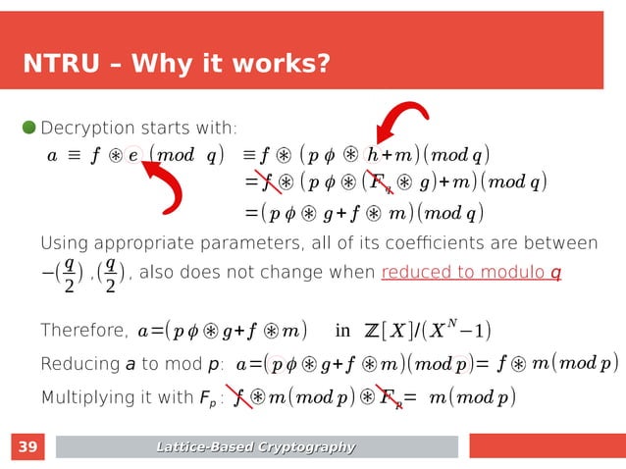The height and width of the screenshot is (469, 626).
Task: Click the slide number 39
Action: tap(28, 448)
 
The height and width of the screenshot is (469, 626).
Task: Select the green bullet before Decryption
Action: tap(28, 128)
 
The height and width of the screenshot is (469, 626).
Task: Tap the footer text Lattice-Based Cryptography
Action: tap(257, 448)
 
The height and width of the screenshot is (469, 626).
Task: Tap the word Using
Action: tap(60, 242)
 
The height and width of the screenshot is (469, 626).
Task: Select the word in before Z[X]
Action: tap(342, 329)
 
